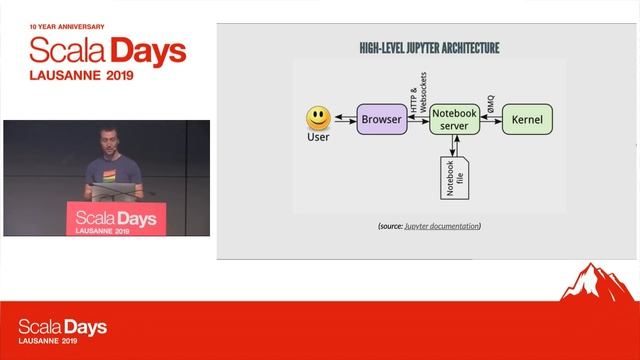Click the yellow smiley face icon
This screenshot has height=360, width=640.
(x=318, y=119)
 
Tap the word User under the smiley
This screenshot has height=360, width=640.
(x=317, y=137)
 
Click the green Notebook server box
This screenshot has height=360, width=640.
(x=456, y=120)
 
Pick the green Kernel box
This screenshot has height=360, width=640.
(x=527, y=120)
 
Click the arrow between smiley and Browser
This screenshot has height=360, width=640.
(x=344, y=120)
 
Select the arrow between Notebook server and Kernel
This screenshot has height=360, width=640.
(x=492, y=120)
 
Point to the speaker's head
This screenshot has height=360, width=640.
(x=108, y=137)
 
